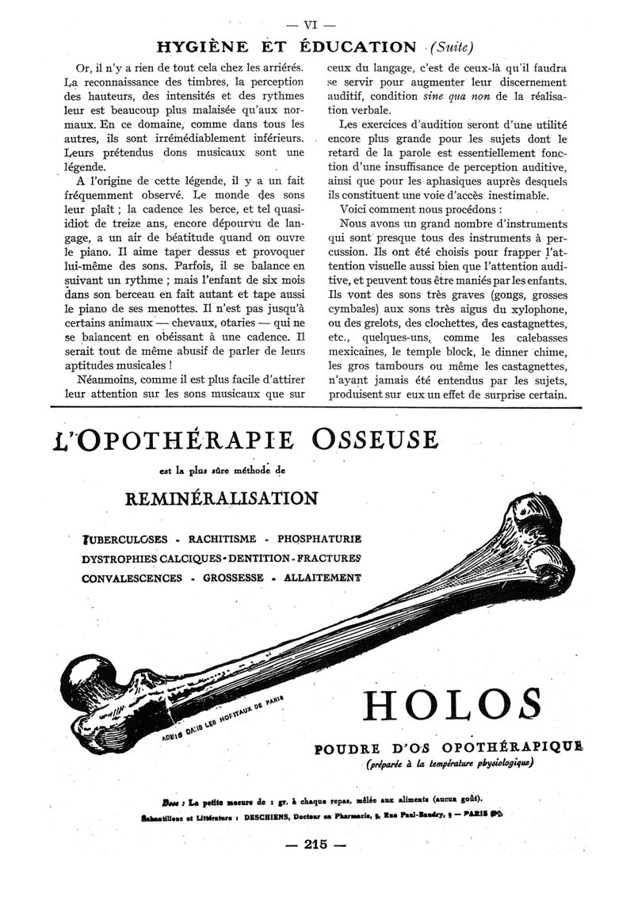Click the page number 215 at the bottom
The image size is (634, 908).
[x=315, y=845]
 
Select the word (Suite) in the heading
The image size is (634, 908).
[x=455, y=47]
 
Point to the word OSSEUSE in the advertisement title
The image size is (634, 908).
[x=373, y=439]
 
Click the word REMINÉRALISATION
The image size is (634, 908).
[x=222, y=498]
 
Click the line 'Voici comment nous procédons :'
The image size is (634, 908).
[x=412, y=211]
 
